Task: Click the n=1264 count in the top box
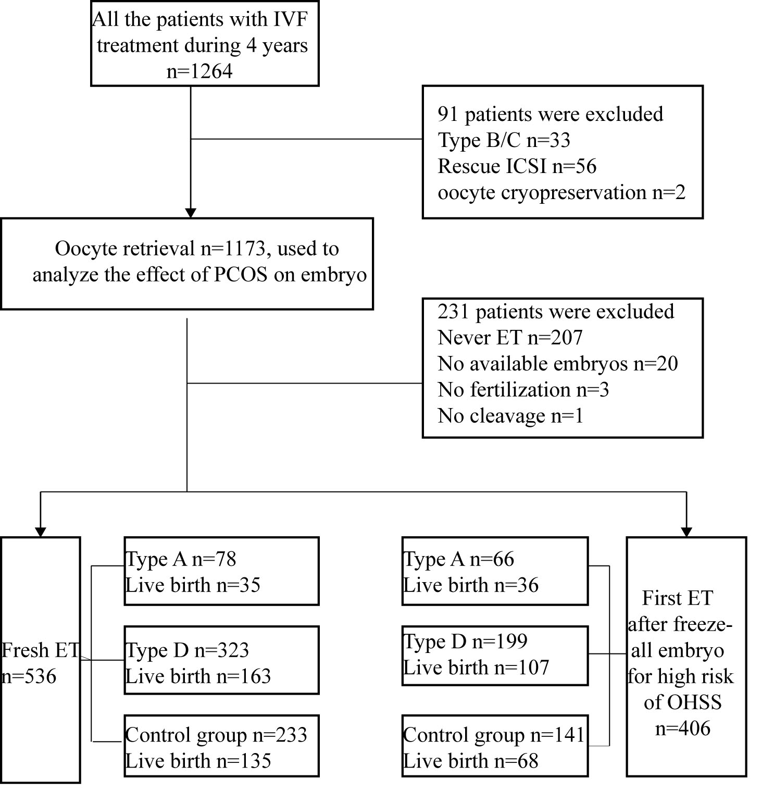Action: pyautogui.click(x=199, y=71)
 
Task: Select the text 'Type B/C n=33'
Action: pyautogui.click(x=504, y=140)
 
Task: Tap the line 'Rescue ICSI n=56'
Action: pyautogui.click(x=517, y=166)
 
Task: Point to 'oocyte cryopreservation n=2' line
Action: pyautogui.click(x=561, y=192)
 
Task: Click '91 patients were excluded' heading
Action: pyautogui.click(x=551, y=114)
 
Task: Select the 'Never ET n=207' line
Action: pyautogui.click(x=510, y=338)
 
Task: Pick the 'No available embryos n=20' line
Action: pyautogui.click(x=558, y=364)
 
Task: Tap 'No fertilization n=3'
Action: pyautogui.click(x=523, y=390)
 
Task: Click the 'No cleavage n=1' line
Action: pyautogui.click(x=510, y=416)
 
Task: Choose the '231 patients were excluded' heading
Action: pyautogui.click(x=556, y=312)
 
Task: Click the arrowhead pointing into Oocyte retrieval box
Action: pyautogui.click(x=191, y=213)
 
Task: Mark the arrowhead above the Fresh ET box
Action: pyautogui.click(x=41, y=532)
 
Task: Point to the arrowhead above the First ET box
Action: pyautogui.click(x=686, y=532)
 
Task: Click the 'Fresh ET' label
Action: pyautogui.click(x=40, y=650)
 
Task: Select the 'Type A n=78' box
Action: pyautogui.click(x=221, y=571)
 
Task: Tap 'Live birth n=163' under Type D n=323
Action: pyautogui.click(x=198, y=676)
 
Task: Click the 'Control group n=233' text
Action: pyautogui.click(x=216, y=735)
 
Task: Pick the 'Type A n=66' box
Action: pyautogui.click(x=495, y=571)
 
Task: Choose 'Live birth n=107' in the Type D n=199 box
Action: pyautogui.click(x=476, y=668)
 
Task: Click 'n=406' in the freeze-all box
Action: pyautogui.click(x=683, y=729)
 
